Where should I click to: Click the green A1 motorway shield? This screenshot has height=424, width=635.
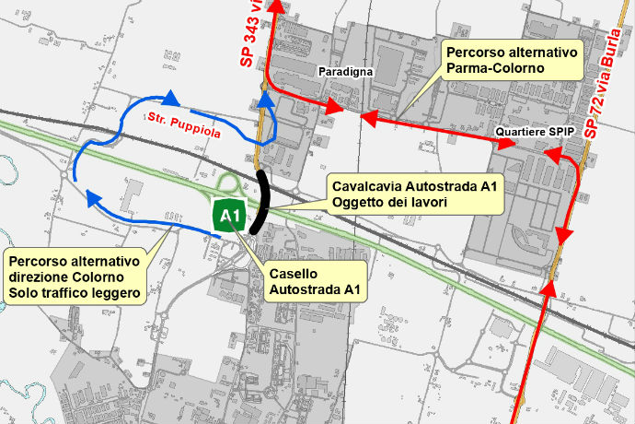point(228,217)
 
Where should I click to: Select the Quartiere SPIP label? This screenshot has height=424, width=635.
point(535,132)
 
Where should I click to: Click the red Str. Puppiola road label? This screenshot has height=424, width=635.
point(183,126)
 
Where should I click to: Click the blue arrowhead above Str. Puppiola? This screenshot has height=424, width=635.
point(170,96)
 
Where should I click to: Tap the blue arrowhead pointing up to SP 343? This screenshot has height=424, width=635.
point(265,98)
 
